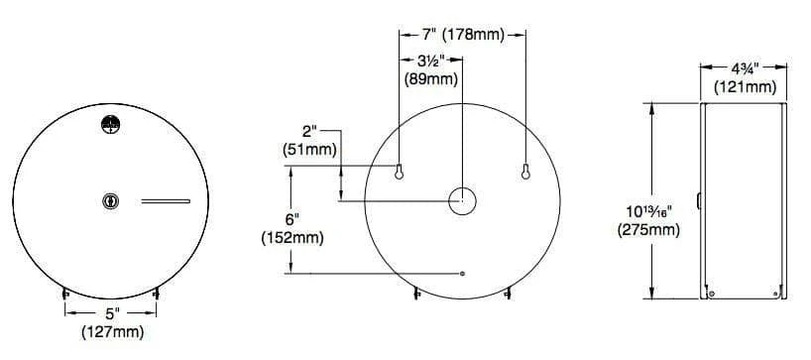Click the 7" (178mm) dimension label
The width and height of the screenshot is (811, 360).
462,35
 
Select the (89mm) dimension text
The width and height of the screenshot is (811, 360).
430,80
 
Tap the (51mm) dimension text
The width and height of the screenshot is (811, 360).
309,150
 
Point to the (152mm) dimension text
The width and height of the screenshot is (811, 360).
292,238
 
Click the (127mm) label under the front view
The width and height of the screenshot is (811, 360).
112,331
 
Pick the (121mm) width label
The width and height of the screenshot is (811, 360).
746,87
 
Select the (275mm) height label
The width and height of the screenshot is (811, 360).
648,229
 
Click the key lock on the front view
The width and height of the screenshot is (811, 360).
111,200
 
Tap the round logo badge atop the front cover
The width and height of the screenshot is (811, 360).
111,124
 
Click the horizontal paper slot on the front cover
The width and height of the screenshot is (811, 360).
166,200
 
